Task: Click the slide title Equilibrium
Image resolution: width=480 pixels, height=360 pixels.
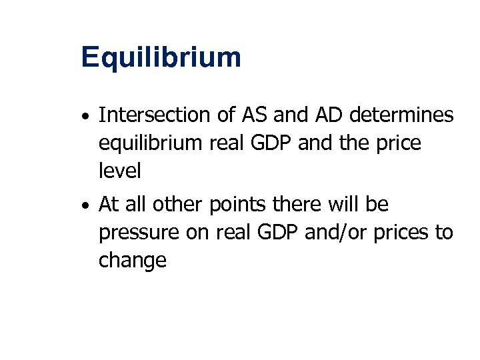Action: point(161,58)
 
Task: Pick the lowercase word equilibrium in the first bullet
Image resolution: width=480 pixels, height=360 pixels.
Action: point(144,144)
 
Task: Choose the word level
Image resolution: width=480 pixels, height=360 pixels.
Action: point(119,171)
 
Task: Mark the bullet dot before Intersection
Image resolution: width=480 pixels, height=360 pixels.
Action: point(87,117)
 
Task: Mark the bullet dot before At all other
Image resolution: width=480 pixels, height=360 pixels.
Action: point(87,206)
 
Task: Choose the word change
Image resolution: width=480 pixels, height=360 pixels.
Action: point(132,261)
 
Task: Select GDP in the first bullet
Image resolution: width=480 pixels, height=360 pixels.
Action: point(272,143)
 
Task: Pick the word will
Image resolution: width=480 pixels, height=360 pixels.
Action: point(336,205)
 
